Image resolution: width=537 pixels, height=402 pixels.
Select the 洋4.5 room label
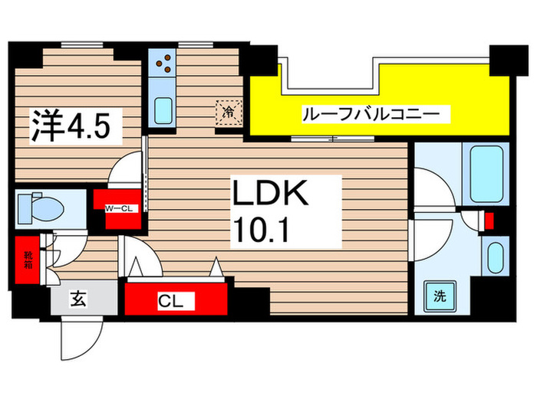(x=77, y=126)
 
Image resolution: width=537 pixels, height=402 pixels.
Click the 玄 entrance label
(x=79, y=298)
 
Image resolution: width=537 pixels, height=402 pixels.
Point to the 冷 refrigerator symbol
(x=229, y=111)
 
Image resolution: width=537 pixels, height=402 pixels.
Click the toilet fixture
(x=43, y=208)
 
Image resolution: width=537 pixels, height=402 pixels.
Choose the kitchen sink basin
(x=163, y=109)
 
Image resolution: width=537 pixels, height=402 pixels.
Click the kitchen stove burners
(x=163, y=65)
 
